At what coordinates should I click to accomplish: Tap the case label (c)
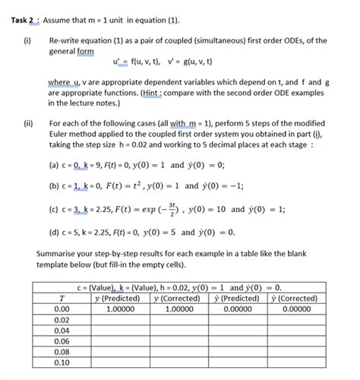point(55,209)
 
